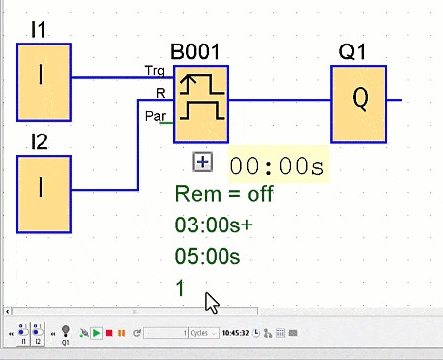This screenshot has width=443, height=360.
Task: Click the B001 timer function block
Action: (x=201, y=104)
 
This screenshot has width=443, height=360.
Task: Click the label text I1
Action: (x=39, y=31)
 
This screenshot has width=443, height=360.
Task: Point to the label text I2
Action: (x=39, y=143)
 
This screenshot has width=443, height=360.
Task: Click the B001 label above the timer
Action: (x=195, y=52)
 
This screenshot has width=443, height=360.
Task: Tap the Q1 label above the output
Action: (x=351, y=52)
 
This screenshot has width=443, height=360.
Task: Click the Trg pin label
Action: (x=155, y=72)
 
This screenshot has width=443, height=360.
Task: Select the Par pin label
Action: (x=156, y=116)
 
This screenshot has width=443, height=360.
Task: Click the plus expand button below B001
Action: (x=202, y=162)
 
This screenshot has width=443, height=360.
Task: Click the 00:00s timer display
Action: (x=277, y=165)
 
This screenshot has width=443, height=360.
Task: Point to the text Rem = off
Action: (x=223, y=194)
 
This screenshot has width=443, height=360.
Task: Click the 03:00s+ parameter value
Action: (x=213, y=225)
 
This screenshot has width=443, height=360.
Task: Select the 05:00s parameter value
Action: (x=208, y=256)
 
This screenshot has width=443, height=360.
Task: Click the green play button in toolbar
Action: (x=96, y=333)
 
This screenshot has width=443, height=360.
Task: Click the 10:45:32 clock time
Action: (x=235, y=333)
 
